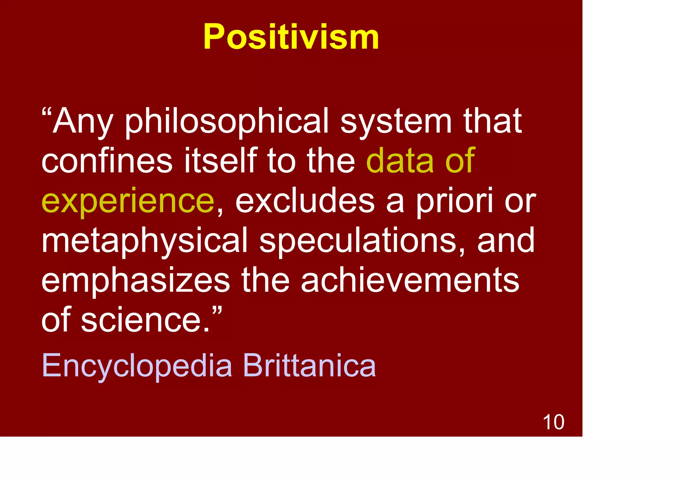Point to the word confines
click(107, 161)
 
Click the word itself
click(221, 161)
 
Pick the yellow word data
click(400, 161)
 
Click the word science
click(146, 320)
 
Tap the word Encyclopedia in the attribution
click(137, 366)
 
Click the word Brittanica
click(309, 366)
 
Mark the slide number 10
click(553, 422)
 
